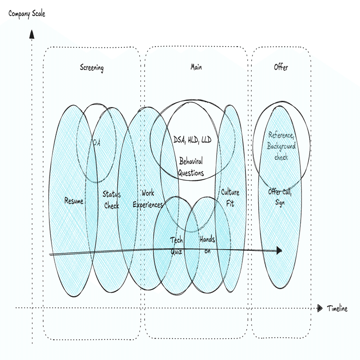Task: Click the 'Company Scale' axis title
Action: point(27,14)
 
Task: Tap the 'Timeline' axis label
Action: point(337,309)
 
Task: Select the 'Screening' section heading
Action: point(91,68)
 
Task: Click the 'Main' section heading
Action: point(196,67)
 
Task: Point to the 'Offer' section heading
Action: point(281,67)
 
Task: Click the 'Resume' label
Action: point(74,201)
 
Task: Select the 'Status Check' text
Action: point(111,200)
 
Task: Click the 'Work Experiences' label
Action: point(147,199)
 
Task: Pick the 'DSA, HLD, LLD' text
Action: point(192,140)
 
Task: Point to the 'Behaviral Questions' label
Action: point(191,167)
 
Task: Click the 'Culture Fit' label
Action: point(230,198)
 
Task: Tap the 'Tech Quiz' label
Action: point(176,245)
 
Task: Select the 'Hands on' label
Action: point(207,245)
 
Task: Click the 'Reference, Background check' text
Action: point(281,146)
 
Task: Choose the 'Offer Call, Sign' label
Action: point(280,197)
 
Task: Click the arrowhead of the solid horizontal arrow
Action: point(279,250)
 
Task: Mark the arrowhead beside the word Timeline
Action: point(320,308)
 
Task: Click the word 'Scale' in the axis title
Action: point(37,14)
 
